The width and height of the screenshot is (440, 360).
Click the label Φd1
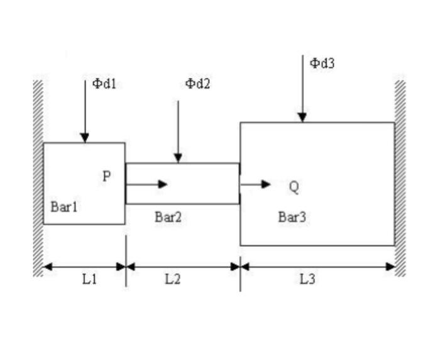point(104,84)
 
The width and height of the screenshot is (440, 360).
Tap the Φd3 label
point(322,63)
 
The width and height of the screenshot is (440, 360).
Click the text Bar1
point(64,206)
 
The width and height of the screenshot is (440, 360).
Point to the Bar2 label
point(168,217)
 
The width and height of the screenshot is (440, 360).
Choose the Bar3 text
point(292,217)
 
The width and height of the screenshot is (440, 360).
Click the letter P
point(107,177)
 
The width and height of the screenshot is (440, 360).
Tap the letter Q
point(294,186)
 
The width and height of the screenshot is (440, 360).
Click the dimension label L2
point(172,280)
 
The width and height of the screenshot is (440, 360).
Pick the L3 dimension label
point(307,280)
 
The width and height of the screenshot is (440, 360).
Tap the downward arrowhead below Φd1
point(84,138)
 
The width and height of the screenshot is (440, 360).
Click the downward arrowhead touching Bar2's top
point(178,158)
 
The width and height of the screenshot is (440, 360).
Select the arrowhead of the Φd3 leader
point(302,117)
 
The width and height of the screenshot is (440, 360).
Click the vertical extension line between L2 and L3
point(240,276)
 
